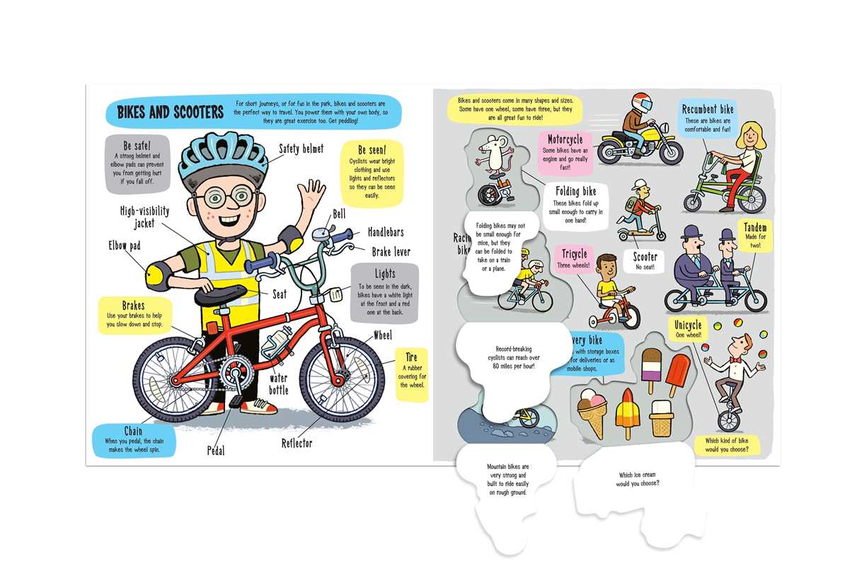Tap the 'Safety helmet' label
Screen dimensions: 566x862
(301, 149)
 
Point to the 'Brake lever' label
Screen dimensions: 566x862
(391, 251)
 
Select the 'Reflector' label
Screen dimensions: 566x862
(297, 443)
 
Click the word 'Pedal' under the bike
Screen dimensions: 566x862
(216, 450)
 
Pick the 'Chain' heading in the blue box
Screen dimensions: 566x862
(133, 431)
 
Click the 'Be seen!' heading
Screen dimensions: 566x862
(372, 151)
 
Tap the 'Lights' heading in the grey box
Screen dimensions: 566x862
(385, 274)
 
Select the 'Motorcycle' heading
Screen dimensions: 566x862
(565, 139)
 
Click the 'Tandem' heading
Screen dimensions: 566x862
(755, 229)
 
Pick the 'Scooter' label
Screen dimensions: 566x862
(645, 257)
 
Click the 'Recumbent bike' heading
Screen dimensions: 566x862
(708, 110)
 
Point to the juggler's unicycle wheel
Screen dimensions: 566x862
(728, 420)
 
